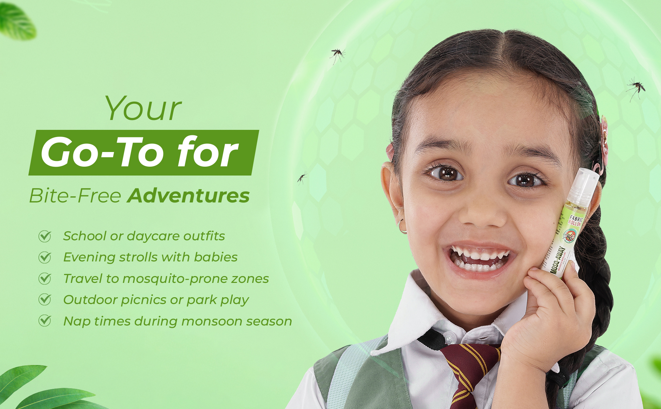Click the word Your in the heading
143,109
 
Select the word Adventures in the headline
188,196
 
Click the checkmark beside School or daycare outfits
45,236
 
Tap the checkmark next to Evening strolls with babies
45,257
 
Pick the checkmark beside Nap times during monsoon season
45,321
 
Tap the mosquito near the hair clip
636,87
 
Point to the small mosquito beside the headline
302,177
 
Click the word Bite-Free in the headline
75,196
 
